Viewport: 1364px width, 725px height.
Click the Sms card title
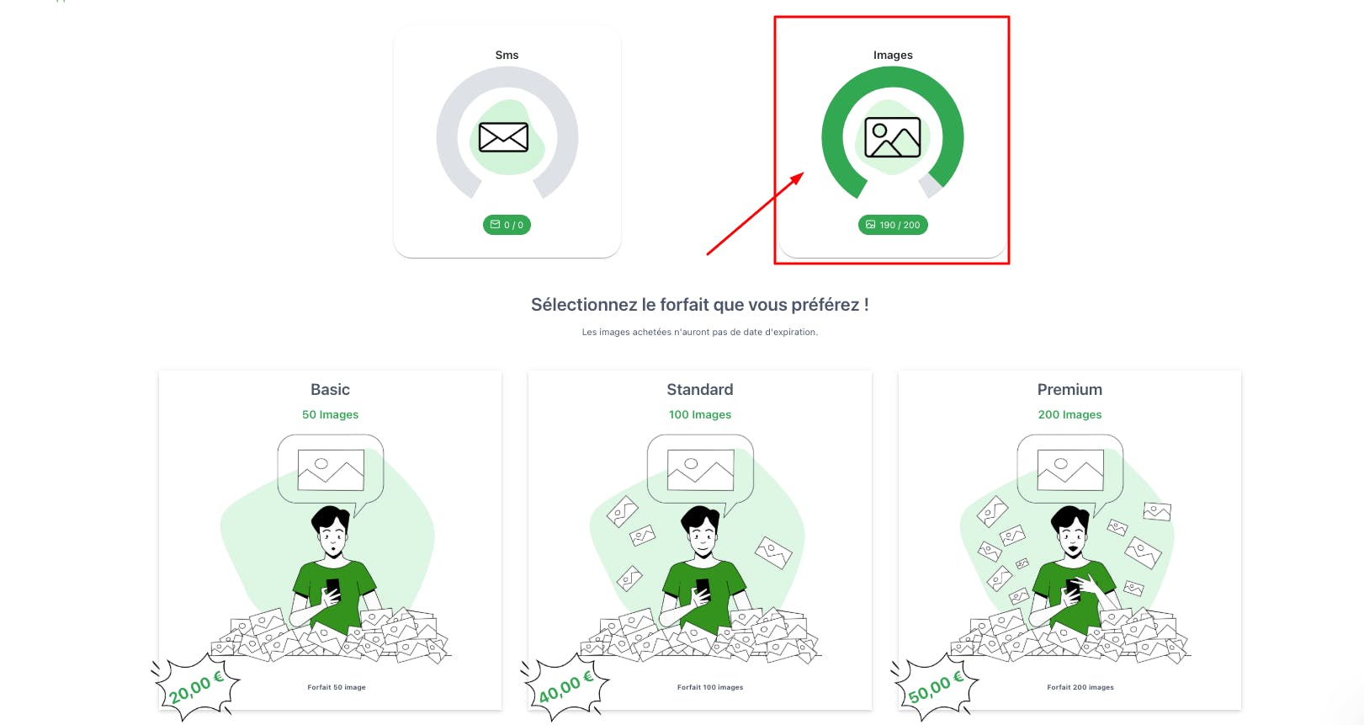507,55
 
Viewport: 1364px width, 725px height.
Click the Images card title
893,55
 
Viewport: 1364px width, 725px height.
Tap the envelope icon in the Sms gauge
503,137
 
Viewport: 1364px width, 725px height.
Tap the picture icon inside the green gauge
893,137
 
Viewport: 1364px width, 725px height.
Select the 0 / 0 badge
507,225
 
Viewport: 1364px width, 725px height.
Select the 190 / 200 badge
893,225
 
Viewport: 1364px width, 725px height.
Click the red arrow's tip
804,173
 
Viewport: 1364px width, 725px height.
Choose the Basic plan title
330,389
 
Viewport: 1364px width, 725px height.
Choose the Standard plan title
699,389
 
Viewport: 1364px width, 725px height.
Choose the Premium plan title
1069,389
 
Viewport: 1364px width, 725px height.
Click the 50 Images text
330,414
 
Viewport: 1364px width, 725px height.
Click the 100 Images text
699,414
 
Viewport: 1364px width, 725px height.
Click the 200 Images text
1069,414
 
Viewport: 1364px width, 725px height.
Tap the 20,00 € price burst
196,686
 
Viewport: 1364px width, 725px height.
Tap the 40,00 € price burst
565,686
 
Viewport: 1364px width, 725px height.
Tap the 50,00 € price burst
936,686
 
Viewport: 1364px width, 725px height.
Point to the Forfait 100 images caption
710,687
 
